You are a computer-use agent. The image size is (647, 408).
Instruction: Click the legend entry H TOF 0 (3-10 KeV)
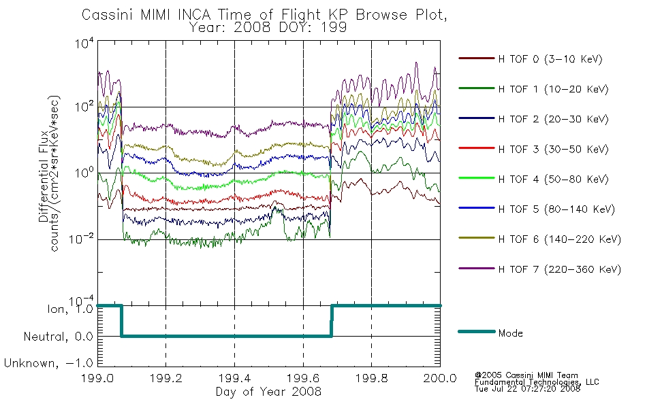click(x=550, y=59)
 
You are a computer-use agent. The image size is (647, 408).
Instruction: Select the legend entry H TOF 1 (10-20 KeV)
click(x=553, y=89)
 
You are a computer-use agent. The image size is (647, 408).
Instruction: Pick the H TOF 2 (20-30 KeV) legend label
click(x=553, y=119)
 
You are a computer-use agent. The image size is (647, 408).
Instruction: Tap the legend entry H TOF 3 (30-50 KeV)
click(x=553, y=149)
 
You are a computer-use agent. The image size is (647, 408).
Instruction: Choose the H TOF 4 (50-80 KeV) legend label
click(x=553, y=180)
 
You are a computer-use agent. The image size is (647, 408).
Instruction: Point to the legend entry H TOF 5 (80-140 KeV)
click(x=556, y=209)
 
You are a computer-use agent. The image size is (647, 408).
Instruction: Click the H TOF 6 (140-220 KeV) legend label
click(x=559, y=239)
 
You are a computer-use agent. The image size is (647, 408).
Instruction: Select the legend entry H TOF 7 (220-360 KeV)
click(x=559, y=269)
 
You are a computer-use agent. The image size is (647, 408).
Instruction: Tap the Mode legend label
click(x=510, y=333)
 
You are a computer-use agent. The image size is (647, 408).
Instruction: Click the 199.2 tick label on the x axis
click(x=166, y=378)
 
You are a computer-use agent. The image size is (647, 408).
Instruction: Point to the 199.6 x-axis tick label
click(x=303, y=378)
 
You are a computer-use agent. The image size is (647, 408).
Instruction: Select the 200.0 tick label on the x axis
click(x=440, y=378)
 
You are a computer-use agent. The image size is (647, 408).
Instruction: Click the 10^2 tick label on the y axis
click(x=84, y=106)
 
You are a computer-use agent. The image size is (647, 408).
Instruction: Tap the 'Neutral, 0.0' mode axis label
click(x=58, y=337)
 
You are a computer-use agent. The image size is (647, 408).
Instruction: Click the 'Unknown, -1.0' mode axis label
click(x=48, y=363)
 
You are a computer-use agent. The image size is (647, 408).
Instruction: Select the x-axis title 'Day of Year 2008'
click(x=268, y=392)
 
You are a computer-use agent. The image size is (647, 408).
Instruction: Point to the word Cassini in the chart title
click(x=108, y=14)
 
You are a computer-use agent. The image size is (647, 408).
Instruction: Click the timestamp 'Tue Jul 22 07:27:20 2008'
click(x=527, y=389)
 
